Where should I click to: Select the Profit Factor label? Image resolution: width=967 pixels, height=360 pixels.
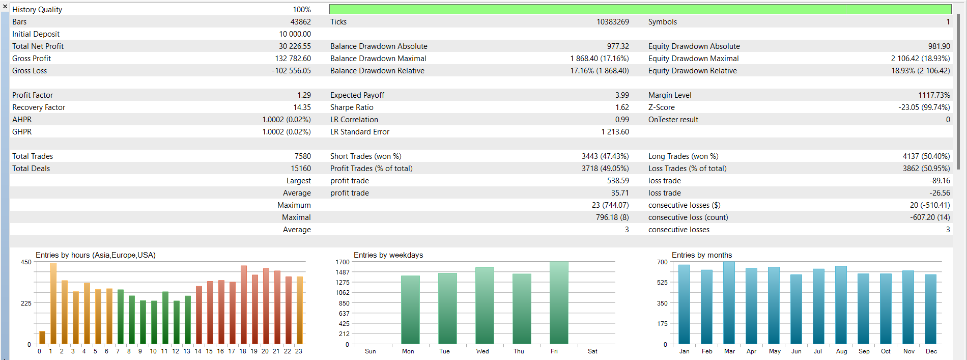(x=33, y=95)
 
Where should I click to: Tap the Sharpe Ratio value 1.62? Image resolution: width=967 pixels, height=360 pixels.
(x=622, y=107)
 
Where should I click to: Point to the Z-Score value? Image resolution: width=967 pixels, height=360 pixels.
(x=924, y=107)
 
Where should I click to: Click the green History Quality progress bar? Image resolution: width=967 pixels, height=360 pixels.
(x=640, y=9)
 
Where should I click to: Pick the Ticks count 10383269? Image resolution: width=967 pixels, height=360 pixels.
(x=613, y=22)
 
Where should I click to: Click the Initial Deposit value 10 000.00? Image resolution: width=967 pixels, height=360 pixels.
(x=295, y=34)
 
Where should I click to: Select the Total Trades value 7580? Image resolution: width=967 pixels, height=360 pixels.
(x=302, y=156)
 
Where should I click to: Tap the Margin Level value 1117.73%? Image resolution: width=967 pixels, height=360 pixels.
(x=934, y=95)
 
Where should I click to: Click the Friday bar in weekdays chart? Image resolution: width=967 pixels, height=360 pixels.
(x=559, y=303)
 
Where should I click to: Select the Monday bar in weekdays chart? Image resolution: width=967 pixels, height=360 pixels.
(x=410, y=310)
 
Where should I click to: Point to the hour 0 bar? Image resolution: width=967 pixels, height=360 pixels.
(x=42, y=338)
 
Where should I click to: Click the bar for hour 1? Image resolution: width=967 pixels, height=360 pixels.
(x=53, y=303)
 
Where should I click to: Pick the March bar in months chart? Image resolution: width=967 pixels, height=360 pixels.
(x=729, y=303)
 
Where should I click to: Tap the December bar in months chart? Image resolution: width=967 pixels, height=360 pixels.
(x=930, y=309)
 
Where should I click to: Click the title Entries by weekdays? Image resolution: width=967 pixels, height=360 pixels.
(x=388, y=255)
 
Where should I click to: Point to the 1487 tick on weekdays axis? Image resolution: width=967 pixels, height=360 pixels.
(x=342, y=272)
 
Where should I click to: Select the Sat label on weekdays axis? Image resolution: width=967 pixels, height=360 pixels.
(x=592, y=351)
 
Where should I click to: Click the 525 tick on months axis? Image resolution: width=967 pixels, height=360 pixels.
(x=662, y=283)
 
